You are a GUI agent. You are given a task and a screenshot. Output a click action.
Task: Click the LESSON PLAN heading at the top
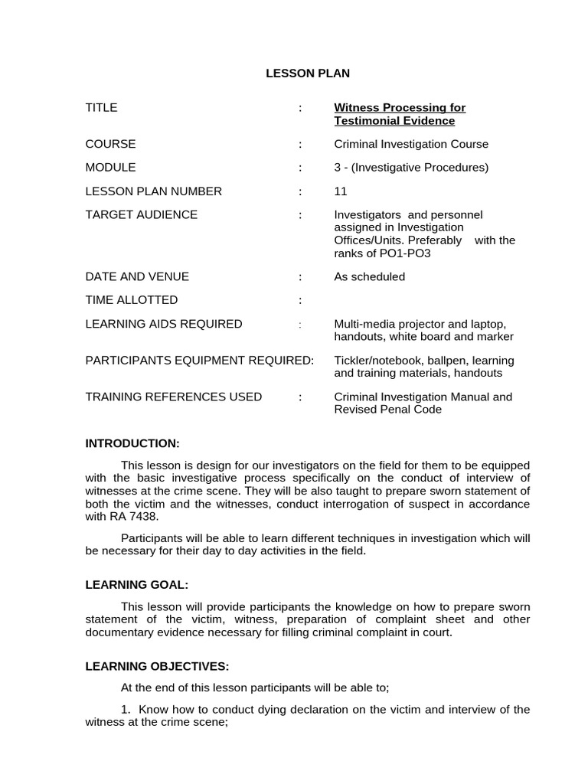click(307, 73)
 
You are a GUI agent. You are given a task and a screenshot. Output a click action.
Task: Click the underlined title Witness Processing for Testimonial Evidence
click(400, 114)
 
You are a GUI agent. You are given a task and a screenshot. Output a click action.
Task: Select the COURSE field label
click(111, 144)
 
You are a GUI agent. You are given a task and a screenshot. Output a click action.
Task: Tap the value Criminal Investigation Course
click(411, 144)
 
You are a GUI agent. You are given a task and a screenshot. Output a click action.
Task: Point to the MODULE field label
click(111, 167)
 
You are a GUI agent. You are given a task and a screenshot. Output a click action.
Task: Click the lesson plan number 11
click(341, 191)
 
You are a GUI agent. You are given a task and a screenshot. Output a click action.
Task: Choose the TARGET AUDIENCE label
click(142, 214)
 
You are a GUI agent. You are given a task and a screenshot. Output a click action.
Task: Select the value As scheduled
click(370, 276)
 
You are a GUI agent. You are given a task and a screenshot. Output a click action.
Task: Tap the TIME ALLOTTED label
click(132, 299)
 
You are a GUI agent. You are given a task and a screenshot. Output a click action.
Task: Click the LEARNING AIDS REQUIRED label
click(164, 324)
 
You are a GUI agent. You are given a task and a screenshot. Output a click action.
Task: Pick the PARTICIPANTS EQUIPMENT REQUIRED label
click(200, 360)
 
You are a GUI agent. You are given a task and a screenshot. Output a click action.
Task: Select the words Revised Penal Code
click(388, 410)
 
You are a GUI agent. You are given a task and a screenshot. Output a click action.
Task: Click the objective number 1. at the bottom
click(127, 709)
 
